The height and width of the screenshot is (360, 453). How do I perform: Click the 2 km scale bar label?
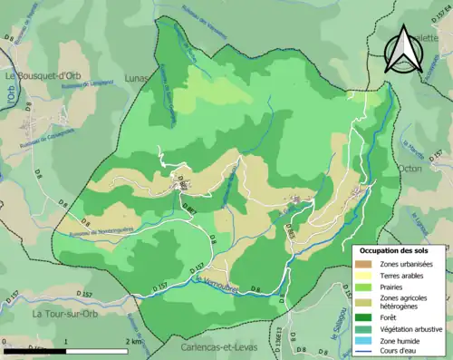pyautogui.click(x=133, y=343)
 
